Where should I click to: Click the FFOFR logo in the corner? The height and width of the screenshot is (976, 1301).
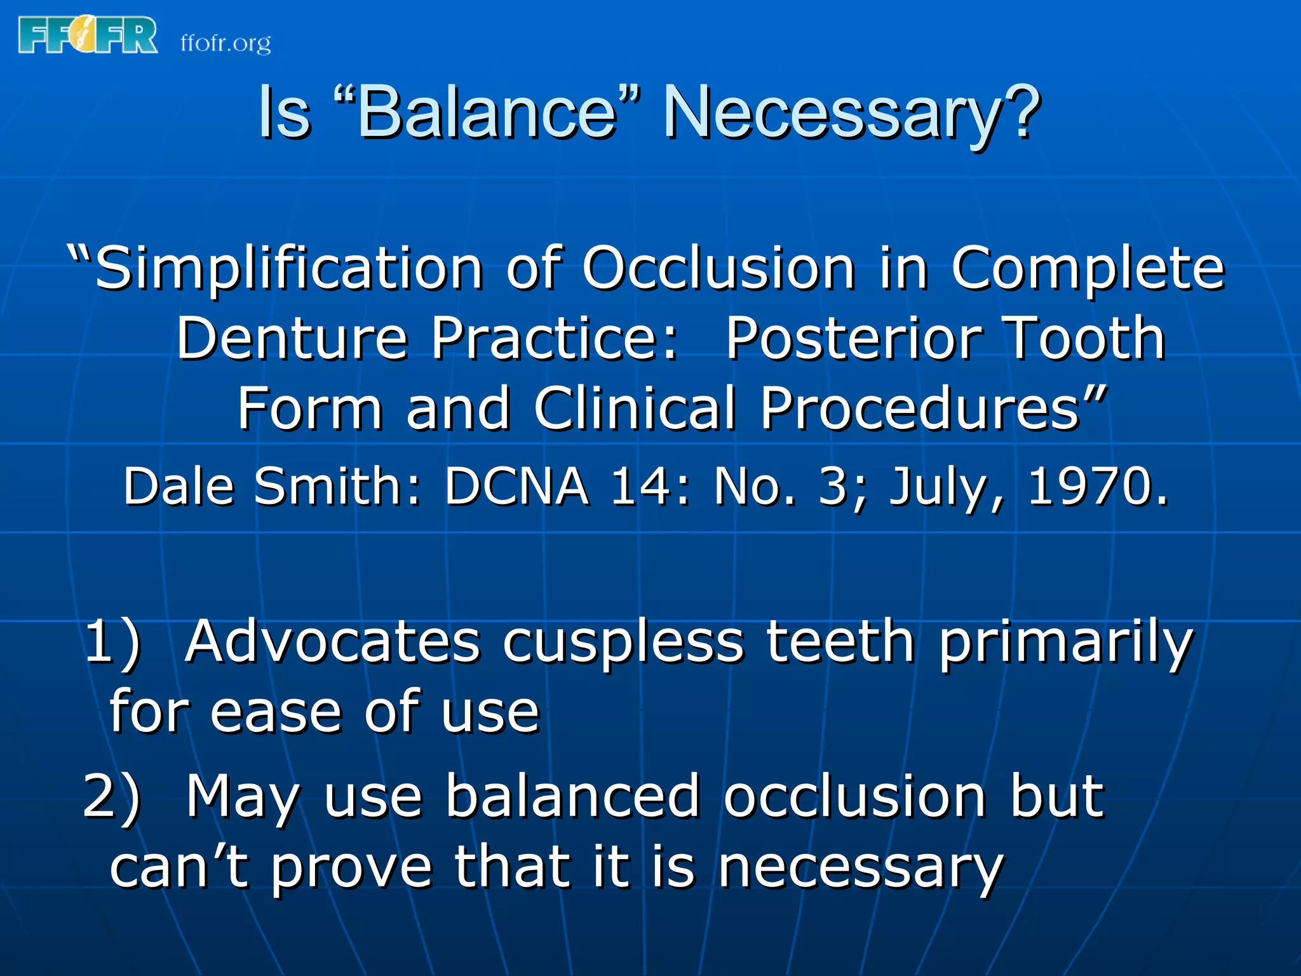point(88,36)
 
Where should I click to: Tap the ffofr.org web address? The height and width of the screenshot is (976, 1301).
point(226,43)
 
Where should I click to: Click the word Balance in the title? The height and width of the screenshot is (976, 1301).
point(487,112)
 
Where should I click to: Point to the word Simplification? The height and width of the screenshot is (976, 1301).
point(289,268)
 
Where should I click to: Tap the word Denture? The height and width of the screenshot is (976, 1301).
point(292,338)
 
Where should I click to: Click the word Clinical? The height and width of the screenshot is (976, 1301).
point(635,408)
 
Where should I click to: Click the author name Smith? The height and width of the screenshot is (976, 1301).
point(337,487)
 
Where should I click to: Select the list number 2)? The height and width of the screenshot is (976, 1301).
point(111,797)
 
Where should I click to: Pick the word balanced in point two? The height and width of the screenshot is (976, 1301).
point(572,796)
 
